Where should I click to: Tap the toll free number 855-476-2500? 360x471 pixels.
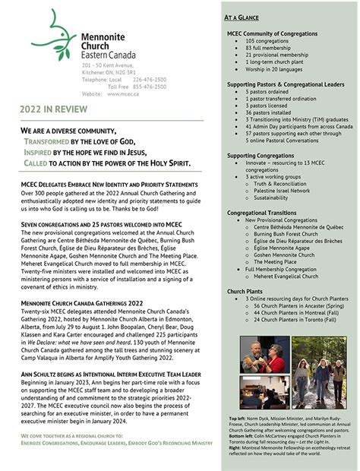coord(148,86)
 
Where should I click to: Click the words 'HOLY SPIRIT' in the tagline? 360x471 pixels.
coord(168,163)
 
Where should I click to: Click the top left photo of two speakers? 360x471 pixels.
coord(262,355)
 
